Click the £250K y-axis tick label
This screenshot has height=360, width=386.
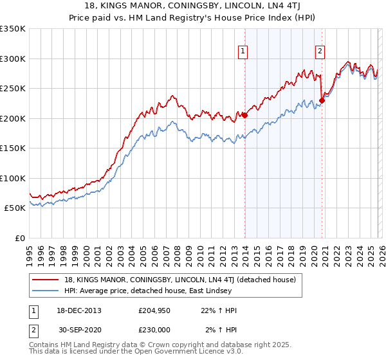pyautogui.click(x=12, y=88)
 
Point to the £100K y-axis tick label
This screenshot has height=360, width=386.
pyautogui.click(x=12, y=178)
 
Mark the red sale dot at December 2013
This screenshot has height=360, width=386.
pyautogui.click(x=244, y=115)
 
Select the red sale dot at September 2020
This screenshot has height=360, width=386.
pyautogui.click(x=322, y=100)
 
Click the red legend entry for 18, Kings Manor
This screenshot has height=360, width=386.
pyautogui.click(x=179, y=280)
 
